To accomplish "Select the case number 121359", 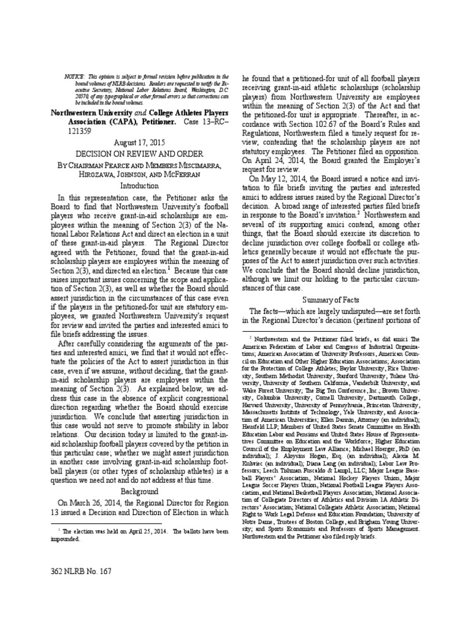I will [78, 131].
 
